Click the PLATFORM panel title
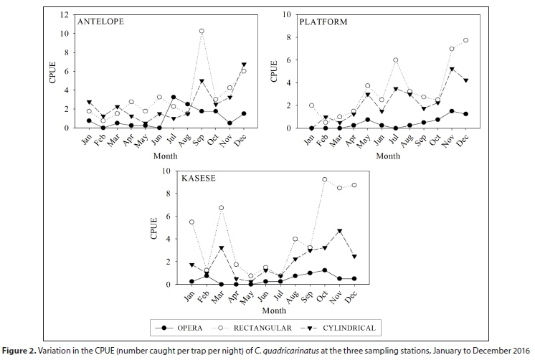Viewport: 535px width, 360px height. (323, 22)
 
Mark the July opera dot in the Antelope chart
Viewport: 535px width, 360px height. (173, 97)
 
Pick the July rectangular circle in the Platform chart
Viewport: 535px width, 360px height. (395, 60)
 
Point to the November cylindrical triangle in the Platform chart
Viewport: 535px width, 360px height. (452, 70)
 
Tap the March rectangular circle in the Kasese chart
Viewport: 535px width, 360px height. (221, 208)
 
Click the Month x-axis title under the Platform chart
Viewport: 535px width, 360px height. (387, 155)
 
